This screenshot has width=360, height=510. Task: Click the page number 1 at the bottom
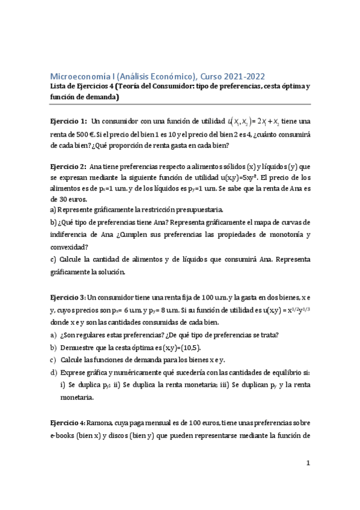[x=308, y=463]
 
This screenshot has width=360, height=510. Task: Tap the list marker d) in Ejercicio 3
[x=54, y=370]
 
